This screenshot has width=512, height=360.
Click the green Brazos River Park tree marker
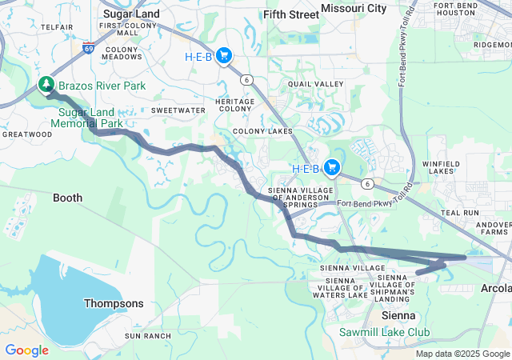47,85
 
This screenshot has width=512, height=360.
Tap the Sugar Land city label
132,14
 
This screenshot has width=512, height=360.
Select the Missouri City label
354,8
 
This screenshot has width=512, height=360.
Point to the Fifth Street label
291,14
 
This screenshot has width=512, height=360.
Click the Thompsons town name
114,304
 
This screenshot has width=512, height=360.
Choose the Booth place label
67,197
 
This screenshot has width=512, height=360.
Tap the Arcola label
495,288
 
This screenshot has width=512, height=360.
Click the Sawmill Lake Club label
384,332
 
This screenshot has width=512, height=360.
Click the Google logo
26,350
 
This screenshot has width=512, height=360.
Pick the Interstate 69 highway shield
87,47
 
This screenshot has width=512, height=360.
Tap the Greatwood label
26,134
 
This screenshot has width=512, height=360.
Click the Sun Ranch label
148,336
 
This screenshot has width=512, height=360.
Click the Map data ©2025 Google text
462,354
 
